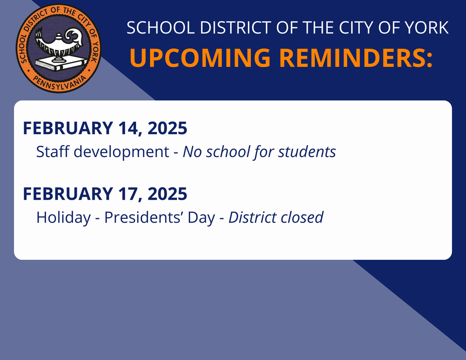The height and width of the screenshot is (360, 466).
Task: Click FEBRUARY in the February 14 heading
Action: pyautogui.click(x=67, y=129)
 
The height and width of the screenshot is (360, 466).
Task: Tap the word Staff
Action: pyautogui.click(x=53, y=152)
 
